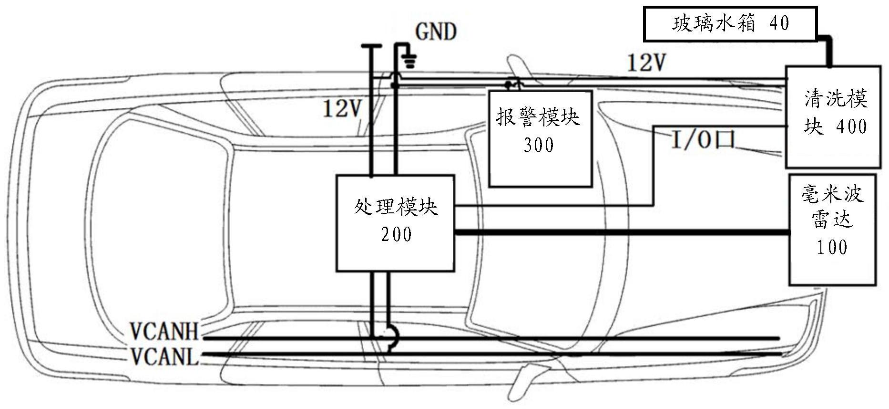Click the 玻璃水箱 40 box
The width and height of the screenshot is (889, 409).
[x=730, y=23]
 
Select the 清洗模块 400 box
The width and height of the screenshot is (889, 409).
[x=833, y=117]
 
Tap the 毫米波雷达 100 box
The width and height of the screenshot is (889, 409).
[x=832, y=230]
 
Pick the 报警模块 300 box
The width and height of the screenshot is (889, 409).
[x=540, y=138]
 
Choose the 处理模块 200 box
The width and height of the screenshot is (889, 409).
[x=395, y=223]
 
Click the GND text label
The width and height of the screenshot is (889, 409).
[x=436, y=32]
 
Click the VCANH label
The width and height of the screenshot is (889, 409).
[x=164, y=331]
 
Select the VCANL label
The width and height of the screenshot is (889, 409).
[x=164, y=356]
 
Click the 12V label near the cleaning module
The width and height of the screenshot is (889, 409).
[x=646, y=63]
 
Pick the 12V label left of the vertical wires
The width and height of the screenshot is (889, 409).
[x=342, y=108]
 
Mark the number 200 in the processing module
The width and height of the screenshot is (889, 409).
[x=396, y=234]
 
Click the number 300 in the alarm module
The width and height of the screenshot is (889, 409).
[x=539, y=145]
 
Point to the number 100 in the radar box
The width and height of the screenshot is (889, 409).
[x=832, y=247]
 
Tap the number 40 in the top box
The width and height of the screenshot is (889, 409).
[x=779, y=23]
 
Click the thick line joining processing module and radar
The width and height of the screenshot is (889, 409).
[x=622, y=232]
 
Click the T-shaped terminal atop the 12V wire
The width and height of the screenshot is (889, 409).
[x=371, y=46]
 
